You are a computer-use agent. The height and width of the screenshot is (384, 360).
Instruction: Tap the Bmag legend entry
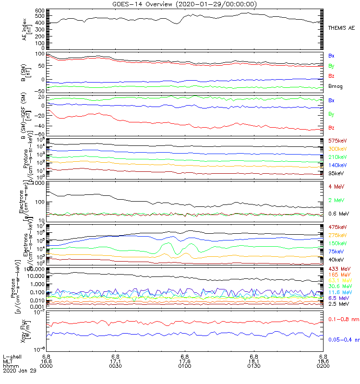335,86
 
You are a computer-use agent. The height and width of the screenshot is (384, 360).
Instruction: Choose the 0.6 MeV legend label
338,213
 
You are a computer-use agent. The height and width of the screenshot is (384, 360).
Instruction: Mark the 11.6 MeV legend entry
338,292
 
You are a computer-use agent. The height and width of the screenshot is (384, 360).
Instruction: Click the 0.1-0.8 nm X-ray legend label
343,319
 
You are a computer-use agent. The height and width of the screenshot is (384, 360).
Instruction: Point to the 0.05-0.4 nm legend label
344,340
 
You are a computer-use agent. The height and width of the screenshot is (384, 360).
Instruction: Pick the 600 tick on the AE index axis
40,10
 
